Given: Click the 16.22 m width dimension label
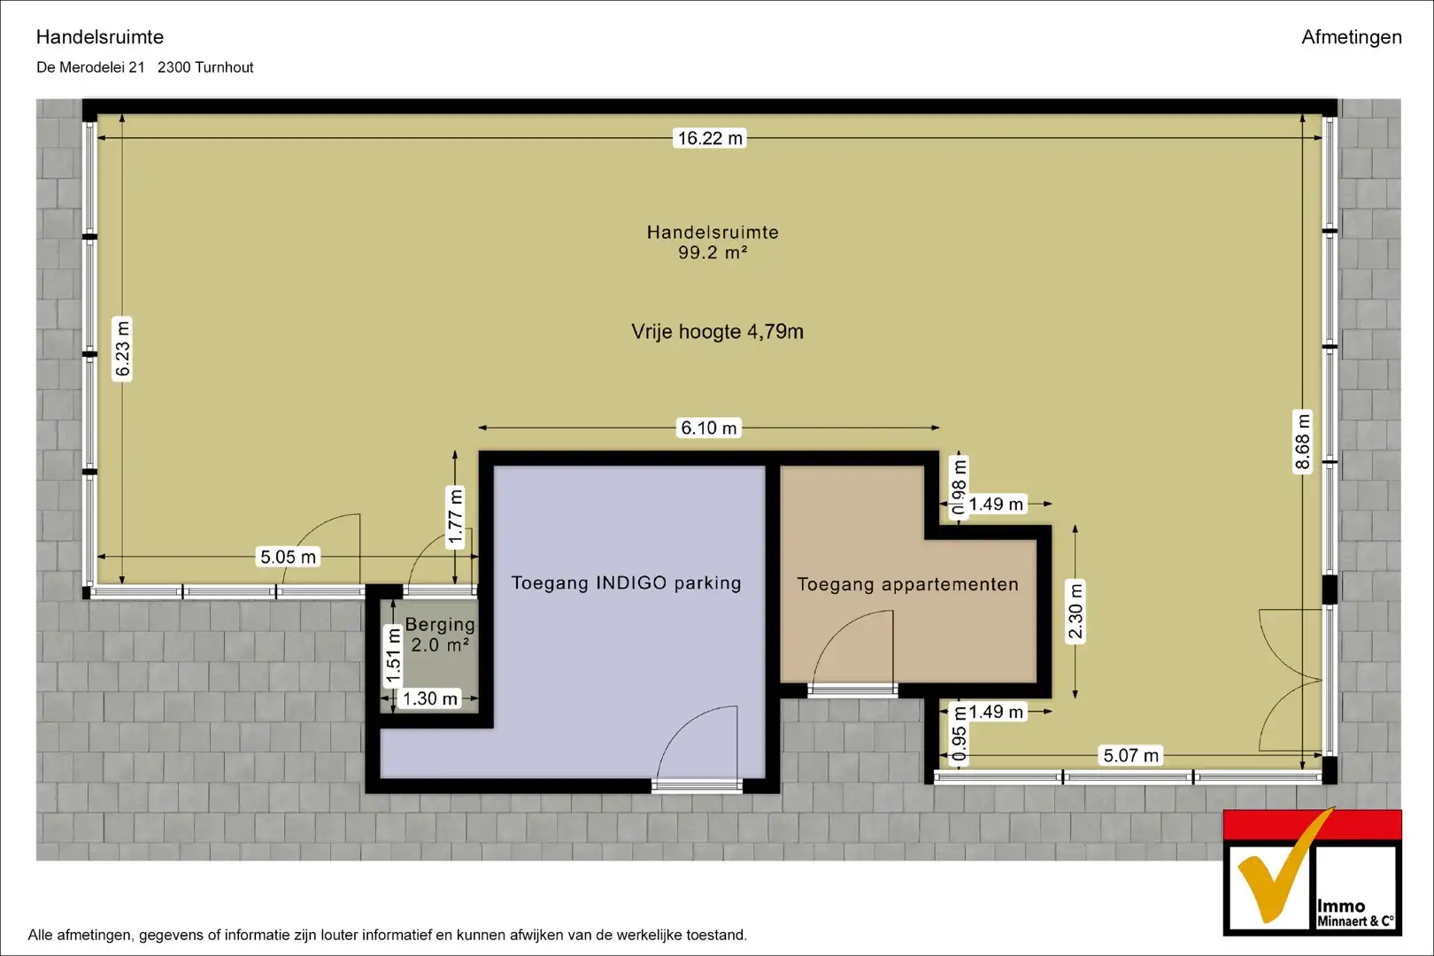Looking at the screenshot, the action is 709,138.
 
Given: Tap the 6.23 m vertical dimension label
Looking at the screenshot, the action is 122,349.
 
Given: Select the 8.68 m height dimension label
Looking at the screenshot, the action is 1303,442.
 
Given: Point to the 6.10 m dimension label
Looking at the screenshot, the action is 709,428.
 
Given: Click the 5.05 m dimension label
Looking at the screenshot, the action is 288,557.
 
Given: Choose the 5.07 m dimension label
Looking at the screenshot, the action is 1130,756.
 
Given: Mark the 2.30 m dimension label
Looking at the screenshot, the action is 1075,612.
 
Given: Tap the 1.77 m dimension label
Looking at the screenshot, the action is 455,517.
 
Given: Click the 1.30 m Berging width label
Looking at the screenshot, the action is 429,698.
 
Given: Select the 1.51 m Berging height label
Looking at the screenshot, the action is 393,657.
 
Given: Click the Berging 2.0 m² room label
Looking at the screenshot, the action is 441,635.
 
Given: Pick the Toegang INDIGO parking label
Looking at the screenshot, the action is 626,583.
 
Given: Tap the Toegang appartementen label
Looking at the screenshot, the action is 908,584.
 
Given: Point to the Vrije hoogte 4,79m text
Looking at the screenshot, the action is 717,332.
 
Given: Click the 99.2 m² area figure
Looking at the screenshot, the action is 713,253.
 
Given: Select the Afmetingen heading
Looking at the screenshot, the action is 1352,37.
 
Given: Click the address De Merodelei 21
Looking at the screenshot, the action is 91,67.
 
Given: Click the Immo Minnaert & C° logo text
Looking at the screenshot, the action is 1354,914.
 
